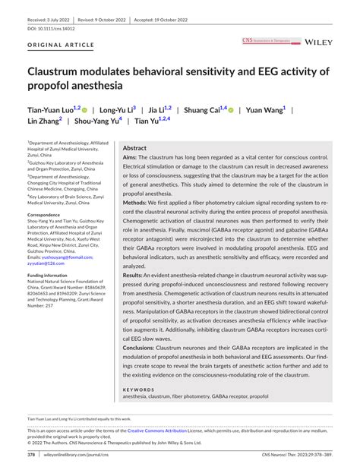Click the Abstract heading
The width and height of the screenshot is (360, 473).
click(x=134, y=148)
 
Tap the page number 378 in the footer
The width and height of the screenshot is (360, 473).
click(x=31, y=455)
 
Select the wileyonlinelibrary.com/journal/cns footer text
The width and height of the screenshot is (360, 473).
click(x=77, y=455)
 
